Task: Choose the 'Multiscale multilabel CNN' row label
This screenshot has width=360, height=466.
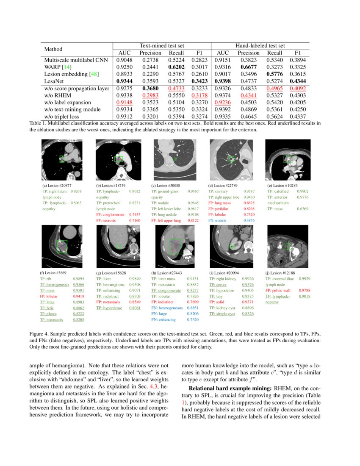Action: coord(76,60)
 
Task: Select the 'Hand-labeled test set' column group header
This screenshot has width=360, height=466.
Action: coord(260,45)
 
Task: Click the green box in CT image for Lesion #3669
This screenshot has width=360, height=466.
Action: coord(62,246)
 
